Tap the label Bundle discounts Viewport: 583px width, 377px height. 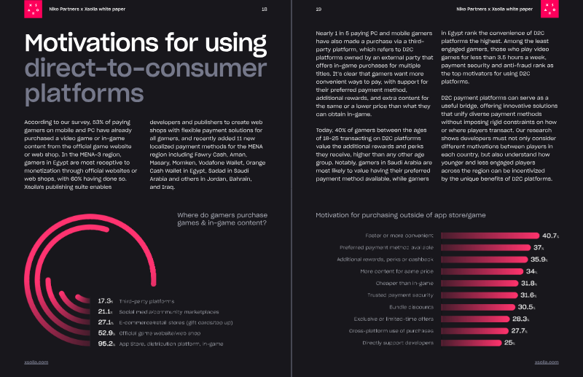pos(412,306)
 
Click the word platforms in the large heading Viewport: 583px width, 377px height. pos(84,94)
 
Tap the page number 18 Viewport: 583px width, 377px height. pos(264,9)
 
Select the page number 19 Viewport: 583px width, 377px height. pos(319,9)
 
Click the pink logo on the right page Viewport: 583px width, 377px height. pos(550,9)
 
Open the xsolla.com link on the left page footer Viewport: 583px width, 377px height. pos(36,362)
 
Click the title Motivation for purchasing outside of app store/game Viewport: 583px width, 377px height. pos(400,215)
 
